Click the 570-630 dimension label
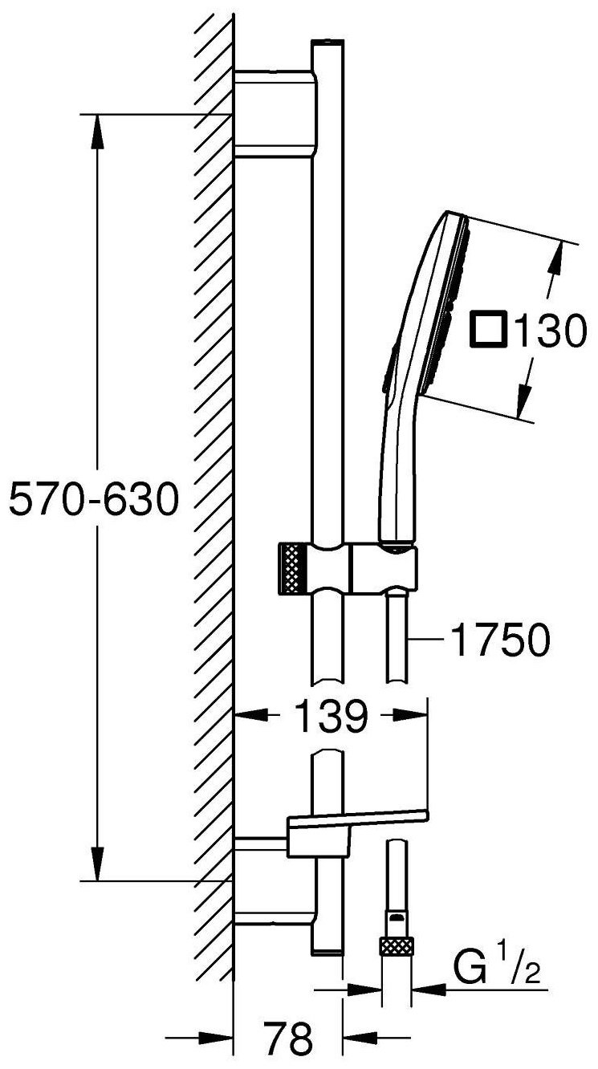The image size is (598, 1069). click(94, 498)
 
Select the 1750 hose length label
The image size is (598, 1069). click(500, 640)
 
